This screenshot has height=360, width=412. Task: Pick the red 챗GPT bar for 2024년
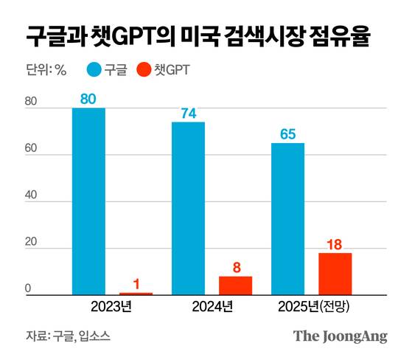pyautogui.click(x=235, y=285)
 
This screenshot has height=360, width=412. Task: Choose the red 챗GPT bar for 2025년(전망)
pyautogui.click(x=335, y=274)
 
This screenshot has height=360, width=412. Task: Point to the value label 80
pyautogui.click(x=88, y=98)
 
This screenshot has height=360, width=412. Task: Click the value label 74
pyautogui.click(x=188, y=113)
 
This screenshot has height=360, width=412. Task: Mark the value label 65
pyautogui.click(x=287, y=134)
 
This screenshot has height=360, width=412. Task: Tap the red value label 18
pyautogui.click(x=335, y=243)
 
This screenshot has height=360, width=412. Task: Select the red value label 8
pyautogui.click(x=235, y=267)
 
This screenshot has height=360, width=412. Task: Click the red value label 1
pyautogui.click(x=136, y=283)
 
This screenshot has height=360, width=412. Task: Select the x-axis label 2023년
pyautogui.click(x=112, y=306)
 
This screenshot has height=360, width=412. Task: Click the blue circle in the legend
pyautogui.click(x=94, y=71)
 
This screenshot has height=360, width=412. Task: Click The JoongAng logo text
pyautogui.click(x=341, y=336)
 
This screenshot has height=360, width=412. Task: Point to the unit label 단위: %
pyautogui.click(x=46, y=71)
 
